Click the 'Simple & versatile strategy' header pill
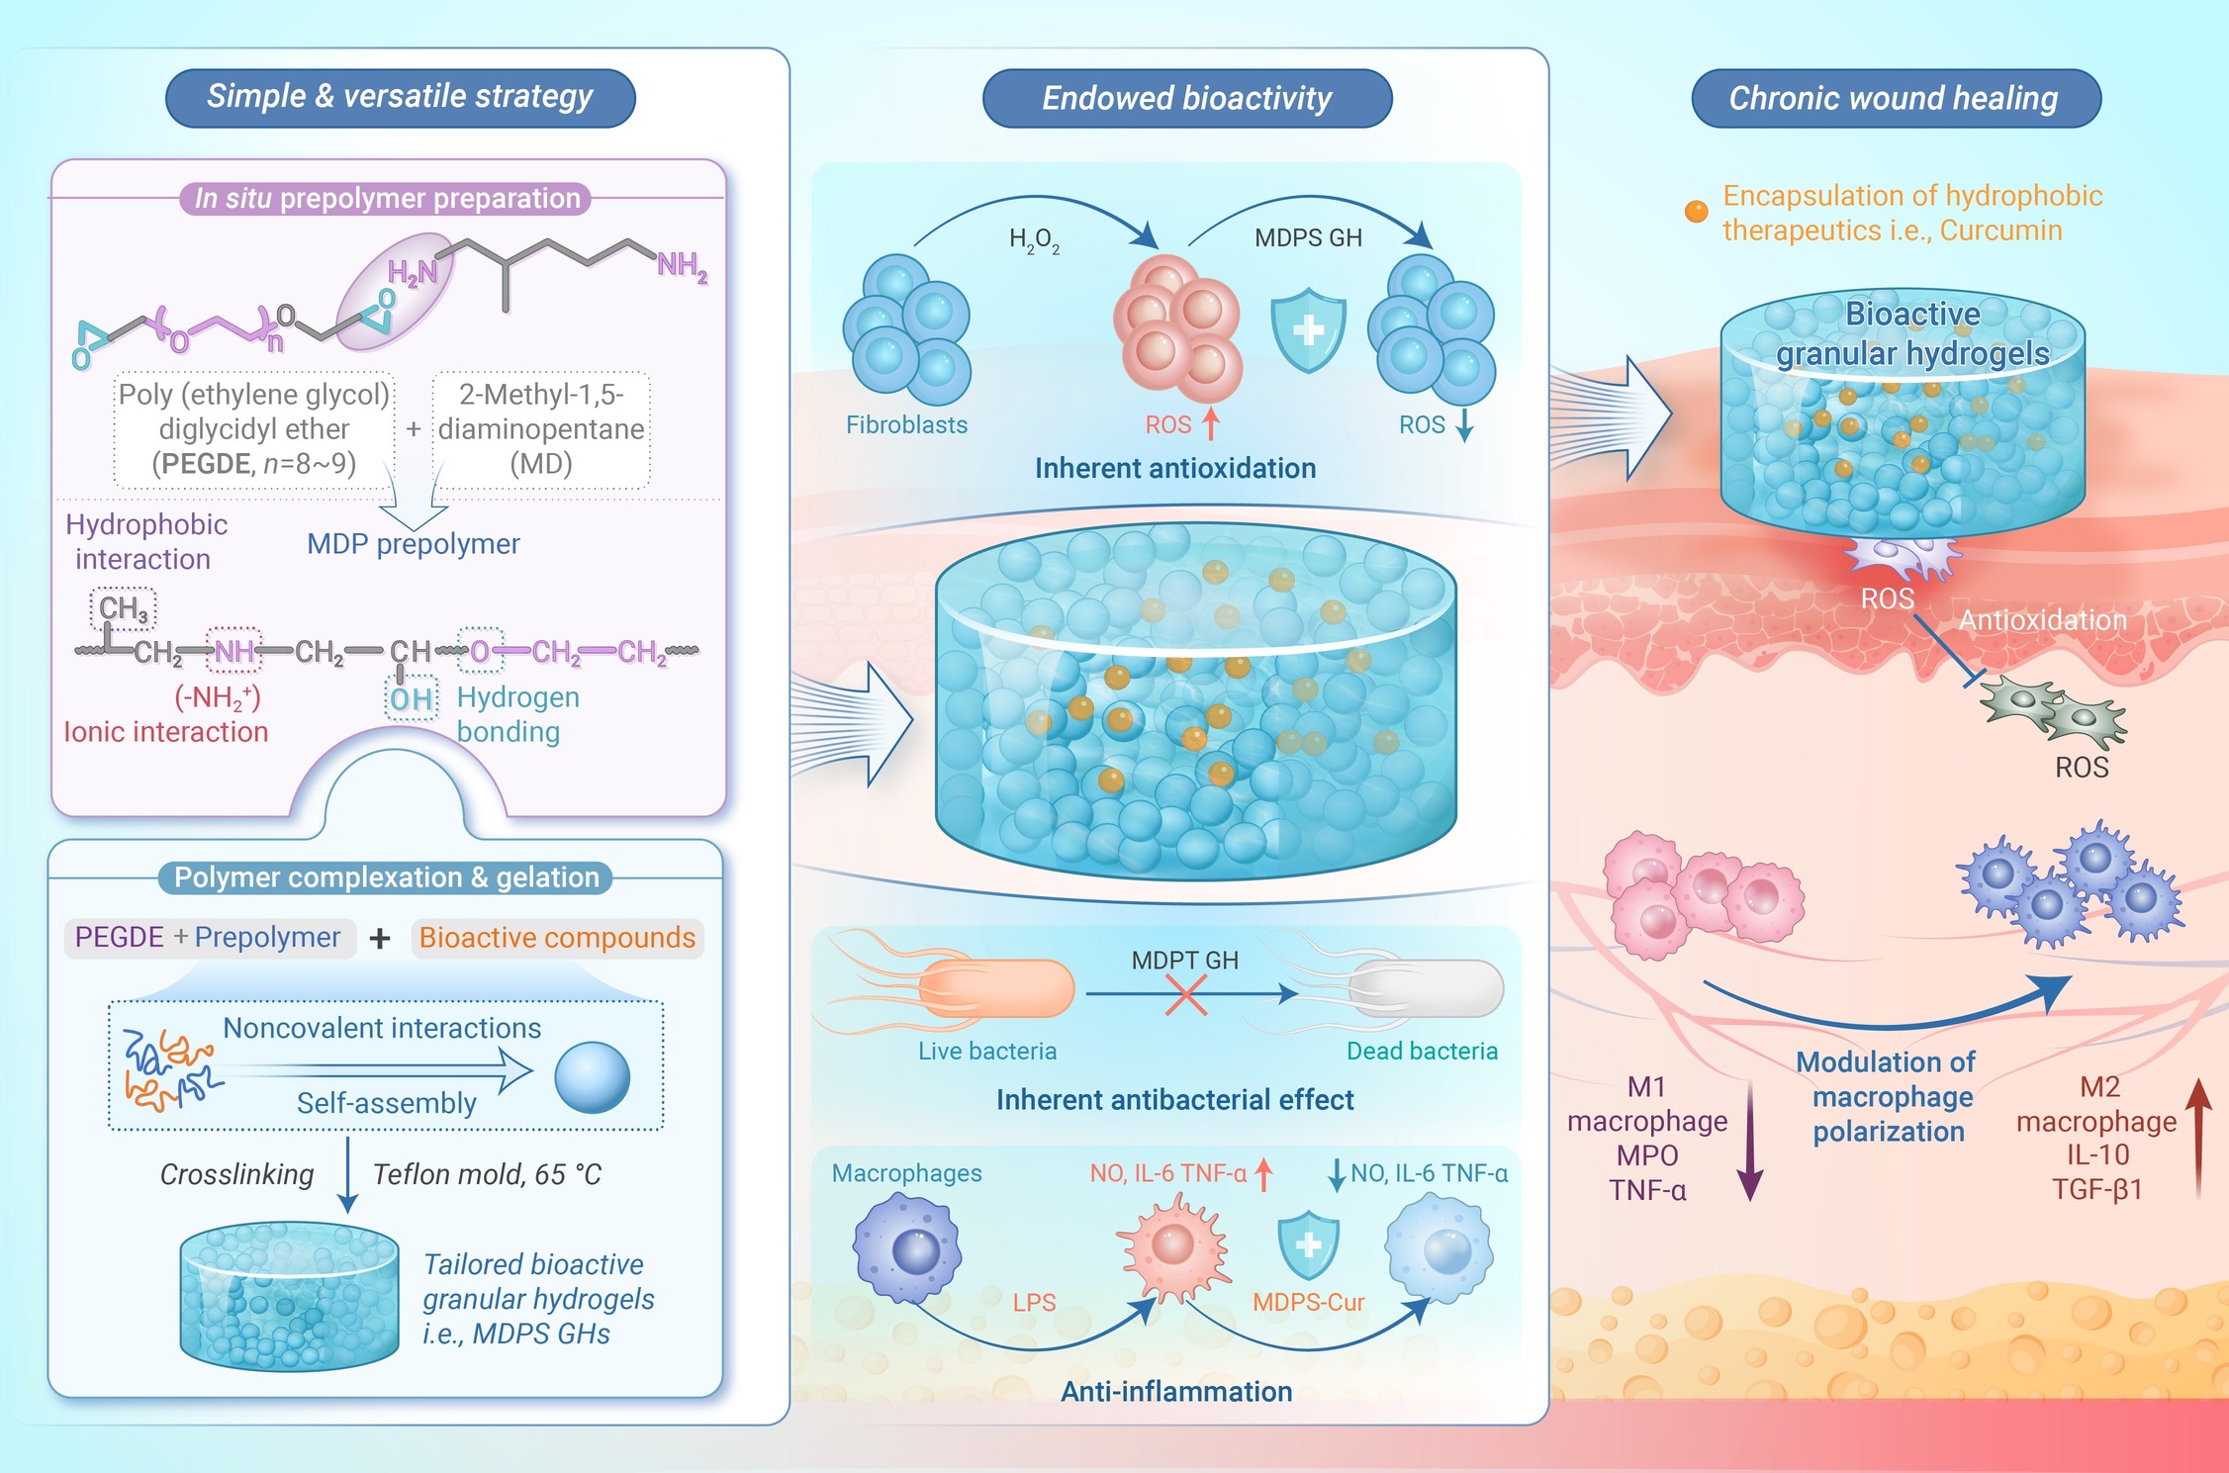tap(400, 98)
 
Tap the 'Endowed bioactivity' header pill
tap(1187, 98)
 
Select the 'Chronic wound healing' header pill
tap(1896, 98)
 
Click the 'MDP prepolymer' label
tap(413, 544)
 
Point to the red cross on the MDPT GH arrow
tap(1185, 994)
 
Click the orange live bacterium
tap(994, 987)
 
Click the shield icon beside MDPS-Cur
tap(1308, 1246)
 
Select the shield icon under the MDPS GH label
tap(1308, 330)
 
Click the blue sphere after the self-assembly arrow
tap(592, 1077)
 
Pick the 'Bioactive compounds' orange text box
tap(557, 938)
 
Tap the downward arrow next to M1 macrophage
tap(1749, 1141)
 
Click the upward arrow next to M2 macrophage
tap(2198, 1138)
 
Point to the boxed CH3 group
tap(124, 609)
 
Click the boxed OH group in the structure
tap(412, 699)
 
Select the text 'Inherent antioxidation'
tap(1175, 468)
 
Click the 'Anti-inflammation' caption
tap(1176, 1391)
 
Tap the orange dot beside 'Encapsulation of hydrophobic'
tap(1696, 212)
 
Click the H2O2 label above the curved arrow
tap(1034, 240)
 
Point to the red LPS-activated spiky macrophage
tap(1172, 1249)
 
